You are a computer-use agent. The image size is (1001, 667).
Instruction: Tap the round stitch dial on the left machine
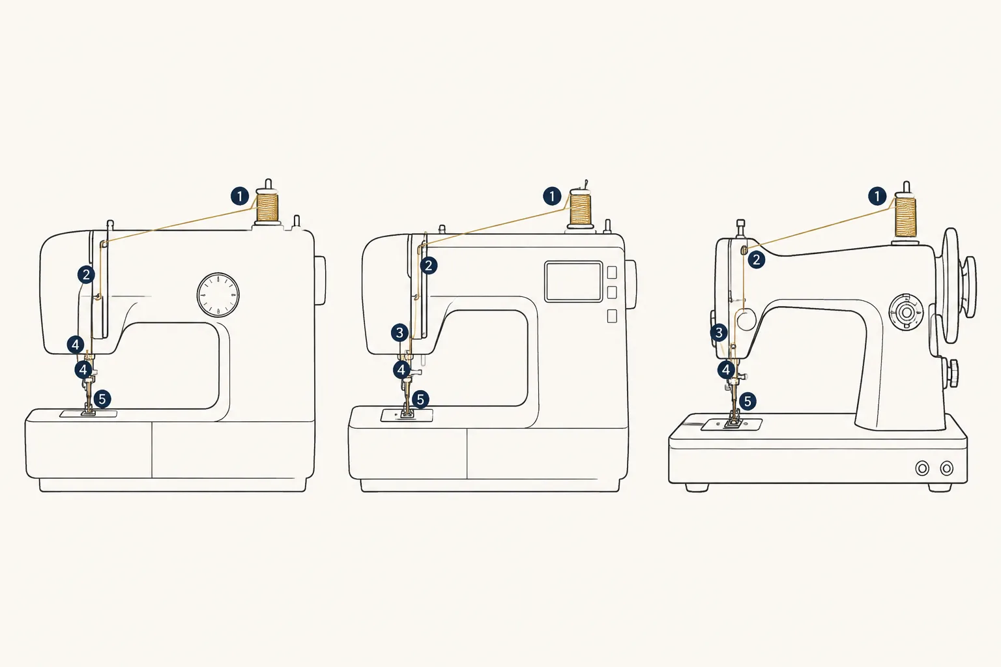pyautogui.click(x=218, y=295)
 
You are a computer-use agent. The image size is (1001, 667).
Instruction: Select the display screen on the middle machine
pyautogui.click(x=573, y=281)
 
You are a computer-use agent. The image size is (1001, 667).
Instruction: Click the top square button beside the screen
pyautogui.click(x=612, y=272)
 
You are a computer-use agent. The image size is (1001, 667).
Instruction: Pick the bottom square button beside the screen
pyautogui.click(x=612, y=316)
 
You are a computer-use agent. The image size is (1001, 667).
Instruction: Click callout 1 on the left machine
pyautogui.click(x=240, y=196)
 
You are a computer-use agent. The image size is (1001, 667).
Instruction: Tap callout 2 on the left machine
pyautogui.click(x=86, y=274)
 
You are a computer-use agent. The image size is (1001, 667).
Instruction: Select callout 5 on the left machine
pyautogui.click(x=102, y=399)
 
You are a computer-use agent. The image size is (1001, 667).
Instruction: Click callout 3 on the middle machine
pyautogui.click(x=399, y=333)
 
